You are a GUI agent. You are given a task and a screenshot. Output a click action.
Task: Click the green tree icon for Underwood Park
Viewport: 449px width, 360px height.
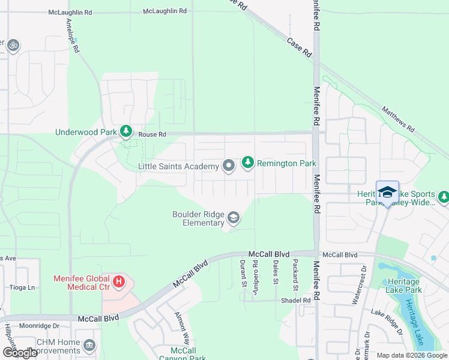tap(125, 131)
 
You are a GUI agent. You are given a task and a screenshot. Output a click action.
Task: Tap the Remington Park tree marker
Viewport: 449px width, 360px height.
tap(247, 163)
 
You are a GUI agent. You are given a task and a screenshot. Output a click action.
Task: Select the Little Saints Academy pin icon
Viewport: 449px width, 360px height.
tap(228, 166)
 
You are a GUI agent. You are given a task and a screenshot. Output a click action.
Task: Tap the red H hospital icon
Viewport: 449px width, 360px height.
tap(119, 281)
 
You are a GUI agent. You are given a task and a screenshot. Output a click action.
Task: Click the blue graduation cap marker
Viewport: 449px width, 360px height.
tap(387, 192)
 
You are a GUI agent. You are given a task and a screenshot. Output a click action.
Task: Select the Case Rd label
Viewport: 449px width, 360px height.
tap(300, 48)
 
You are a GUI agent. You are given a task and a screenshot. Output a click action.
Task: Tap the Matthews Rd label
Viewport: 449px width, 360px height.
tap(399, 119)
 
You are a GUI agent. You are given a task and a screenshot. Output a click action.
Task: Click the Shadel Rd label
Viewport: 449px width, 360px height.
tap(298, 300)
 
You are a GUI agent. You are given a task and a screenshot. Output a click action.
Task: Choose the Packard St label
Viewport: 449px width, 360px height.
tap(295, 271)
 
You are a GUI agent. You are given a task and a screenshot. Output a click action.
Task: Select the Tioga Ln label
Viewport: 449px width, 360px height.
tap(22, 287)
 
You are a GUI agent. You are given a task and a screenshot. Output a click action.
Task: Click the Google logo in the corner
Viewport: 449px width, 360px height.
tap(19, 352)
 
